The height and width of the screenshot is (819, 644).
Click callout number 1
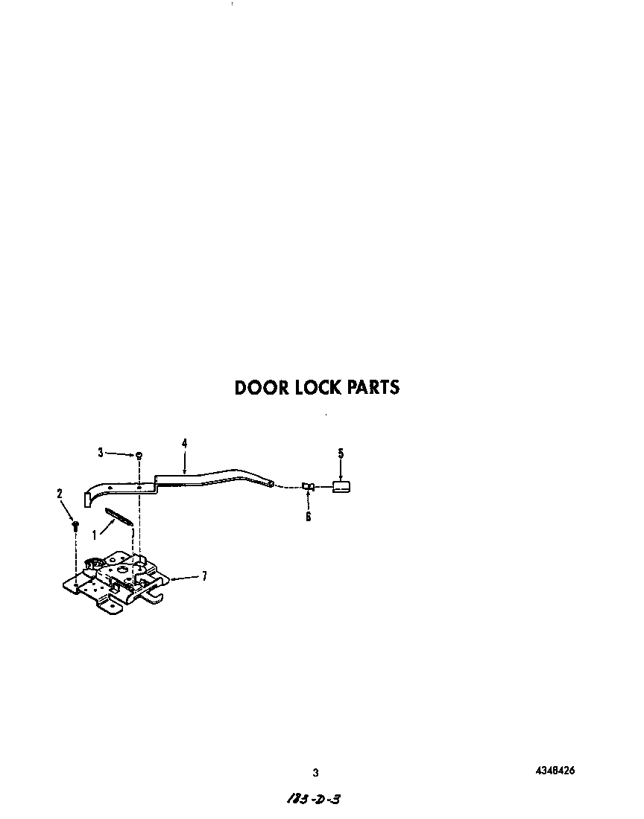point(95,534)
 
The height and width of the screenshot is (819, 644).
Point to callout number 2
point(60,493)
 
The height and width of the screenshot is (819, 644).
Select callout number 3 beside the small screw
point(101,452)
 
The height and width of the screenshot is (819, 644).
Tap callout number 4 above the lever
point(184,443)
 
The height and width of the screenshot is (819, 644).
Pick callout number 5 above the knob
point(341,453)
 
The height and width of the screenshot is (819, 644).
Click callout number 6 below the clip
point(308,516)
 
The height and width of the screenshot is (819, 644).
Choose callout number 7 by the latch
point(204,576)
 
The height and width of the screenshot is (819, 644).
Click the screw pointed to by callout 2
point(75,525)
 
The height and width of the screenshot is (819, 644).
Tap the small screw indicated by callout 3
point(139,454)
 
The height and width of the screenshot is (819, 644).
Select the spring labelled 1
point(119,517)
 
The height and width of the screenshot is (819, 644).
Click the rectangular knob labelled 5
point(341,487)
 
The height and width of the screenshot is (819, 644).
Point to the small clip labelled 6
point(307,487)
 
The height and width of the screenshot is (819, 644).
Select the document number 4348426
point(555,770)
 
